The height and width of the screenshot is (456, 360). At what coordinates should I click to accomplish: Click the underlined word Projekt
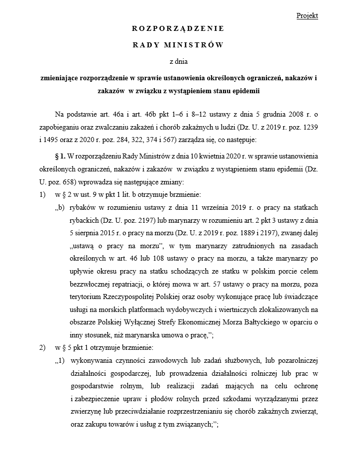[x=307, y=15]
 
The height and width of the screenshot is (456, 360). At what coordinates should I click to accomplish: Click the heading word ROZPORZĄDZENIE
[x=178, y=28]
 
